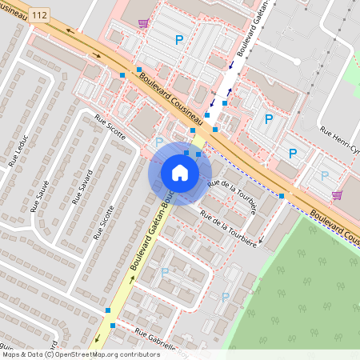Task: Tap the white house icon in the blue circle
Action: (180, 172)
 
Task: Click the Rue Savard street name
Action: (83, 187)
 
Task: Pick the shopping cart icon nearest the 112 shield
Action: (143, 23)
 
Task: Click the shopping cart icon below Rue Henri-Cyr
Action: (337, 194)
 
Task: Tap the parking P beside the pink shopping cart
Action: (324, 176)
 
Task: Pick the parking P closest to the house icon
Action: (159, 142)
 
